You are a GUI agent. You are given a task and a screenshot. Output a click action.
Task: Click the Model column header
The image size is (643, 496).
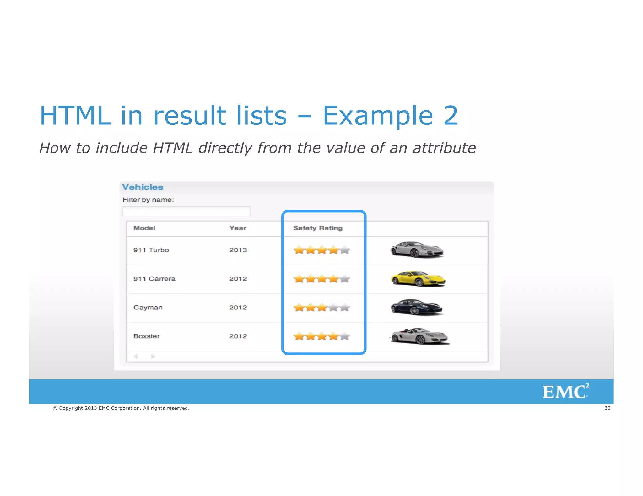pos(144,228)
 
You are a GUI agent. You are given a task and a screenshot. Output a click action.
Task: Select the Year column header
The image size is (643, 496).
pos(238,228)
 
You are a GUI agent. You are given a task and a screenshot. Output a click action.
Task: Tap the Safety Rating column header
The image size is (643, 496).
pos(317,228)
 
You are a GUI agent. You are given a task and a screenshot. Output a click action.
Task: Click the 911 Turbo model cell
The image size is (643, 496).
pos(151,250)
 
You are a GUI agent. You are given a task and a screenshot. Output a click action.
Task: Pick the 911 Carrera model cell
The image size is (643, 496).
pos(154,279)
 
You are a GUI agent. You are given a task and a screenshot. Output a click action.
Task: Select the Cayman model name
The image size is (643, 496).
pos(148,307)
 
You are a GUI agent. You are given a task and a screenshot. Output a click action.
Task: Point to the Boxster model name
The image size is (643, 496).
pos(146,336)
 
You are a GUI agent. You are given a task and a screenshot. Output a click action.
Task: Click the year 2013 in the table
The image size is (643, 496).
pos(238,250)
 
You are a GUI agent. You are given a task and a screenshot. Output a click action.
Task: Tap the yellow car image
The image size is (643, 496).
pos(418,278)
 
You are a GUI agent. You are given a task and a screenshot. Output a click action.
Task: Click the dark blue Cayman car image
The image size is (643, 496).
pos(417,307)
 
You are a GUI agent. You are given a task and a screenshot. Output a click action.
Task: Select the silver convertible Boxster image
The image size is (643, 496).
pos(420,336)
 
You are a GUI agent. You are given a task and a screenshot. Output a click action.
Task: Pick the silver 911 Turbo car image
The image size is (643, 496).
pos(417,250)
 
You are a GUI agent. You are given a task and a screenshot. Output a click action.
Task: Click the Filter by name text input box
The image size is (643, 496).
pos(186,211)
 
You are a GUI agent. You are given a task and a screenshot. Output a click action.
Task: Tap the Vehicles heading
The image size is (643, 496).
pos(143,187)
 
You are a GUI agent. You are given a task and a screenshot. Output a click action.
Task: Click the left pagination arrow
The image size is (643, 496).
pos(136,356)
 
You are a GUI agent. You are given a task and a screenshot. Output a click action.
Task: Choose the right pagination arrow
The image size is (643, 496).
pos(153,356)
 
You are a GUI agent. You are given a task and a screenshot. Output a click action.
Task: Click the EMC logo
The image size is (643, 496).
pos(565,391)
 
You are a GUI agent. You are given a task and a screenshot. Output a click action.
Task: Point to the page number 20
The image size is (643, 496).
pos(607,408)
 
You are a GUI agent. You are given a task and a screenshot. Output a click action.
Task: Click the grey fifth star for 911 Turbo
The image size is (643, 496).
pos(344,250)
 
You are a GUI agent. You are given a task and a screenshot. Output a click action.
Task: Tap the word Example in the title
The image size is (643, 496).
pos(378,115)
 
